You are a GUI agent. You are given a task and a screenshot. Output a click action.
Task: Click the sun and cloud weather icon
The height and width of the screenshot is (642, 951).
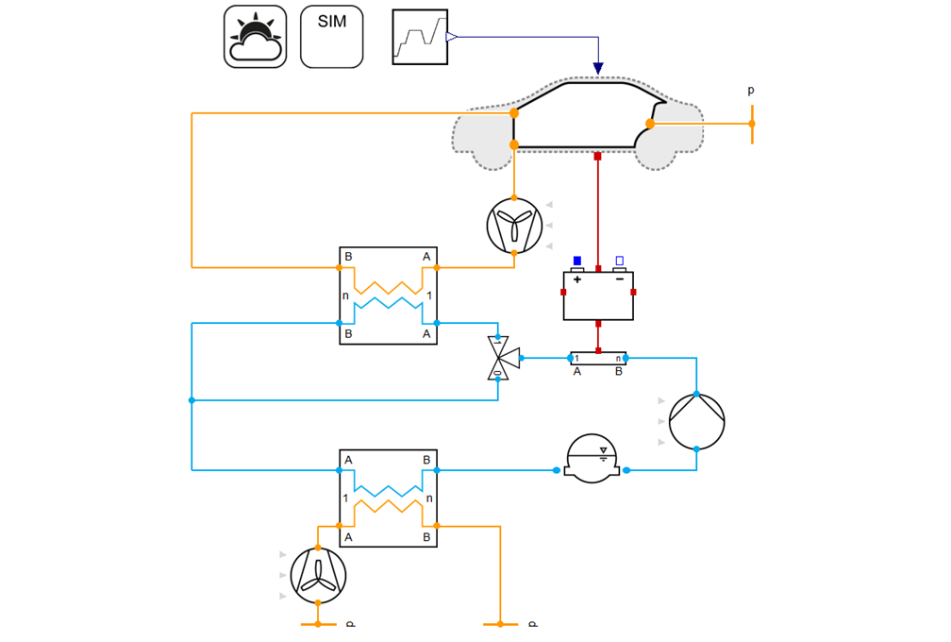click(x=255, y=37)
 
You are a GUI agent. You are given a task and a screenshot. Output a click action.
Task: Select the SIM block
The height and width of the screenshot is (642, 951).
click(x=331, y=37)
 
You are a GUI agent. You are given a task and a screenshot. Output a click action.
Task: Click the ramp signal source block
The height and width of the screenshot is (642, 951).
click(x=419, y=37)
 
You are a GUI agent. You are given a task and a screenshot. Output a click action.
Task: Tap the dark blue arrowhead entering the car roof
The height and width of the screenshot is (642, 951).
click(x=598, y=68)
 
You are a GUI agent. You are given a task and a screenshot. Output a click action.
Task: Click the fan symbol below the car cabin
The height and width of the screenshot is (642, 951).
click(x=514, y=227)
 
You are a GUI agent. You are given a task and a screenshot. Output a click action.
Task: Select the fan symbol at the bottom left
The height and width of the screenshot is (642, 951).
click(x=318, y=575)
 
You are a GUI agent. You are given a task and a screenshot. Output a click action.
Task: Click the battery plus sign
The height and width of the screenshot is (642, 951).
click(x=577, y=280)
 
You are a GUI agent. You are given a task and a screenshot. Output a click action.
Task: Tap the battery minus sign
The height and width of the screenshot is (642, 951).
click(x=620, y=280)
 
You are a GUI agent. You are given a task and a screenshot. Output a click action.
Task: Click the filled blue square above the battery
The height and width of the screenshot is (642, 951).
click(x=577, y=261)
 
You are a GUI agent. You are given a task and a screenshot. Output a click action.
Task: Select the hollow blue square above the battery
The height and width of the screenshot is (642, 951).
click(x=620, y=261)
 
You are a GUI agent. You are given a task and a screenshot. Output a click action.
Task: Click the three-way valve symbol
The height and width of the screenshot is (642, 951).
click(x=501, y=358)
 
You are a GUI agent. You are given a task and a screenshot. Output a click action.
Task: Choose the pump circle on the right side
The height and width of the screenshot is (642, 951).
click(x=696, y=422)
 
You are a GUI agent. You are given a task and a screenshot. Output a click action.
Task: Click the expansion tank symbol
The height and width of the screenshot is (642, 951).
click(x=592, y=459)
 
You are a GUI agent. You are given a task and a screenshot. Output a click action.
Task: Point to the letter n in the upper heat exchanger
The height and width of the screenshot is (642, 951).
click(x=346, y=296)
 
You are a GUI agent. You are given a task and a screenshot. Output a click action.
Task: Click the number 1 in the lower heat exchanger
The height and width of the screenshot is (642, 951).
click(x=346, y=498)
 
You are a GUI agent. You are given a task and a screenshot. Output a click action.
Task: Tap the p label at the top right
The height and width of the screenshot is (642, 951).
click(x=751, y=91)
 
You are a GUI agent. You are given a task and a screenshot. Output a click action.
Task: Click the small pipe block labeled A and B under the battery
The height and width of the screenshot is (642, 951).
click(x=598, y=359)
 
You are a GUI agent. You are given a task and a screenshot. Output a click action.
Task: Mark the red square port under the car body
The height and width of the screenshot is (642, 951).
click(x=597, y=156)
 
